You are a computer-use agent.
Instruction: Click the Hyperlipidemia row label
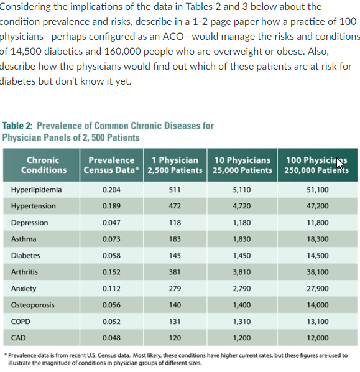(x=36, y=190)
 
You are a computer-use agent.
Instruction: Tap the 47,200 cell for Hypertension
(x=318, y=207)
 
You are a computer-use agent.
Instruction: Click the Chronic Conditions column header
(x=44, y=165)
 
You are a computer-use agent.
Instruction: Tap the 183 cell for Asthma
(x=175, y=239)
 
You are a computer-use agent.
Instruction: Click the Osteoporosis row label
(x=32, y=305)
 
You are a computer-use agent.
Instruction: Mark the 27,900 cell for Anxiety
(x=318, y=289)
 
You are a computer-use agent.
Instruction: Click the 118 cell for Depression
(x=175, y=223)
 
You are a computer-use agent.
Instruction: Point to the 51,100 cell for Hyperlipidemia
(x=318, y=190)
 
